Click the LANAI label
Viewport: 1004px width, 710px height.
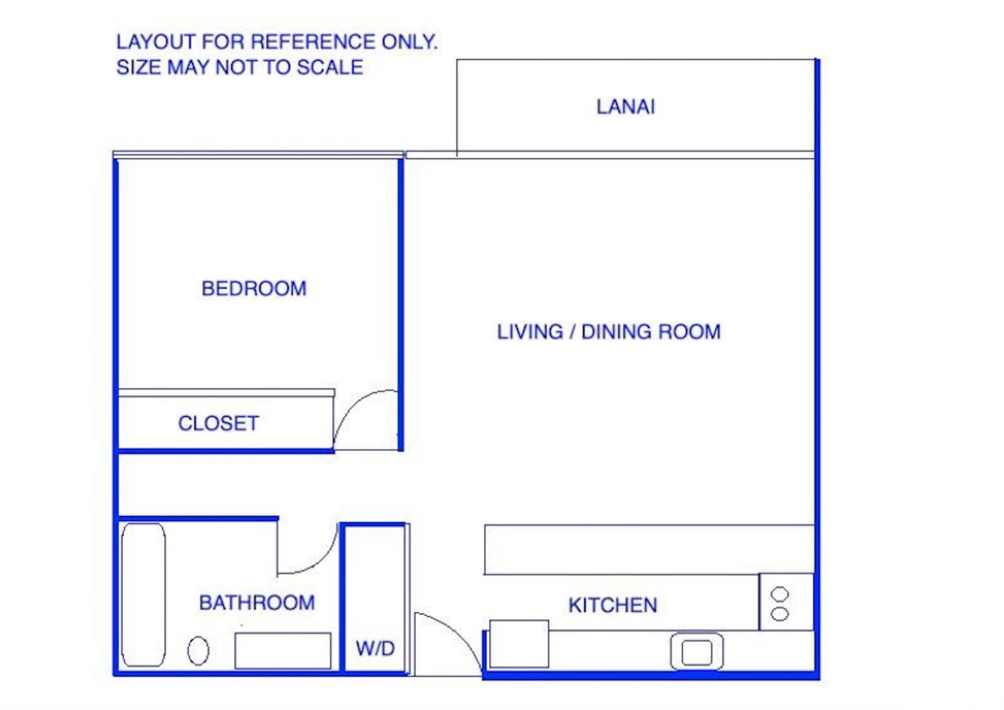coord(625,107)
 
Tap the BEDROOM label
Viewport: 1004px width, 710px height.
coord(254,289)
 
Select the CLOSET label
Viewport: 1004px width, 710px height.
coord(218,423)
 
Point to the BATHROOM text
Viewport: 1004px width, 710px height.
coord(257,603)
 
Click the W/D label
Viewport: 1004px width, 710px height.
coord(375,649)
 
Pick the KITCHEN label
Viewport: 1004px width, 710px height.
coord(612,606)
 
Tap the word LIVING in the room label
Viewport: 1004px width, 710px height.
coord(530,332)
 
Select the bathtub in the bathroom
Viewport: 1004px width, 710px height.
coord(144,595)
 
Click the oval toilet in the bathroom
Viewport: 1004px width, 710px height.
coord(198,651)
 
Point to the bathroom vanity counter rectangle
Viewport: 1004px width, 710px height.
coord(283,651)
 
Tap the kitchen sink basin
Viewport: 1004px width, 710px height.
coord(697,652)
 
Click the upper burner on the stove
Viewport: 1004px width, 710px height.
coord(779,594)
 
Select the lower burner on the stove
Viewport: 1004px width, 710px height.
coord(779,613)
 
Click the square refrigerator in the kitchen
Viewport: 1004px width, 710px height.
coord(519,644)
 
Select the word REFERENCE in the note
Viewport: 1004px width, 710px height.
coord(313,41)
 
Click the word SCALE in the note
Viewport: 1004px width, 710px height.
coord(330,68)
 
